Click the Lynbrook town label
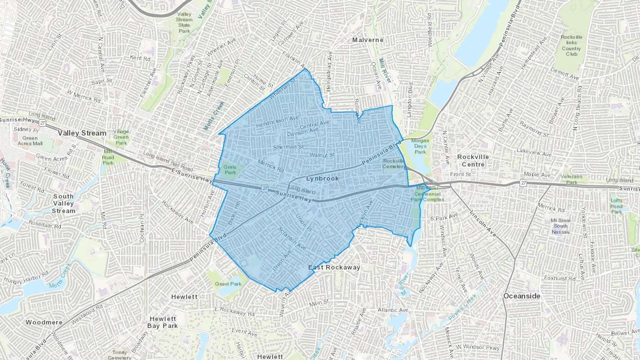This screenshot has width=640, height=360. [322, 178]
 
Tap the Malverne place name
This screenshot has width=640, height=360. [368, 40]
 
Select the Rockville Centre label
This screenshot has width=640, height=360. [473, 161]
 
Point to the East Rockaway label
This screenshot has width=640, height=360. [334, 268]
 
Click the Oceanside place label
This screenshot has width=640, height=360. [522, 296]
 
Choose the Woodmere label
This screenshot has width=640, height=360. [44, 322]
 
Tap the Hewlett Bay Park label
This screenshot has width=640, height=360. [162, 322]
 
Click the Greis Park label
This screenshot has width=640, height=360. [230, 170]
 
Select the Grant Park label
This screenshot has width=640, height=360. [228, 284]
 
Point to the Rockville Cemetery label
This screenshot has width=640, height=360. [394, 163]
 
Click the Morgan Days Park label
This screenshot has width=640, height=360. [420, 146]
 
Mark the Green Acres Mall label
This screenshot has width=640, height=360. [30, 141]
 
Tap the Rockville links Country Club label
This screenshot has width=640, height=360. [571, 45]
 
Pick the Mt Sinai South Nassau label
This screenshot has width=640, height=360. [561, 226]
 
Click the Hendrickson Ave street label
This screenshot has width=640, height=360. [277, 122]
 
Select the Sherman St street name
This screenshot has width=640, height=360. [288, 147]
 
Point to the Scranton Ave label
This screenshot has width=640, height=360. [292, 238]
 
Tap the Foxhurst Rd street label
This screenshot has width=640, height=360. [560, 278]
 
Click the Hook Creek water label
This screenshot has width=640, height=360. [5, 173]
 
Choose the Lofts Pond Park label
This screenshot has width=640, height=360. [617, 206]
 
